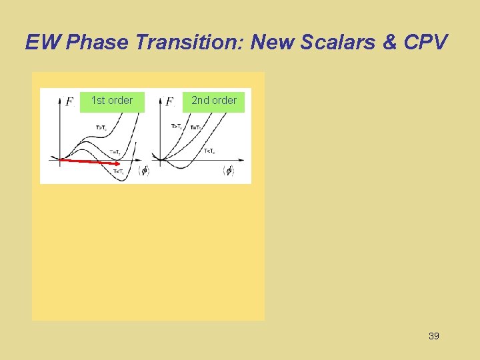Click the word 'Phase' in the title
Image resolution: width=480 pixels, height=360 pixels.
(x=97, y=42)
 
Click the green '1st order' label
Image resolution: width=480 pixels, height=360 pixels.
(x=112, y=101)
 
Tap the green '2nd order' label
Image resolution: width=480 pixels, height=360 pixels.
(x=214, y=101)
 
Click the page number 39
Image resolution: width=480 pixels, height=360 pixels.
(x=433, y=336)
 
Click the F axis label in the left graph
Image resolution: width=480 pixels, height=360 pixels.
(x=69, y=102)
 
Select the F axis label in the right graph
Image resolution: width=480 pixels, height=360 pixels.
(x=169, y=102)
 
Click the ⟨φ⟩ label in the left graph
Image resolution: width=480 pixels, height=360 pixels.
(x=143, y=171)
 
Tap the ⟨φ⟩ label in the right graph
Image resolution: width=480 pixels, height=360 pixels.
(x=229, y=171)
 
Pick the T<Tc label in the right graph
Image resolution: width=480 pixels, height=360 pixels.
(x=210, y=151)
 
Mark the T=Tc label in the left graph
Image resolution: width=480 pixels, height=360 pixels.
(x=115, y=152)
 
